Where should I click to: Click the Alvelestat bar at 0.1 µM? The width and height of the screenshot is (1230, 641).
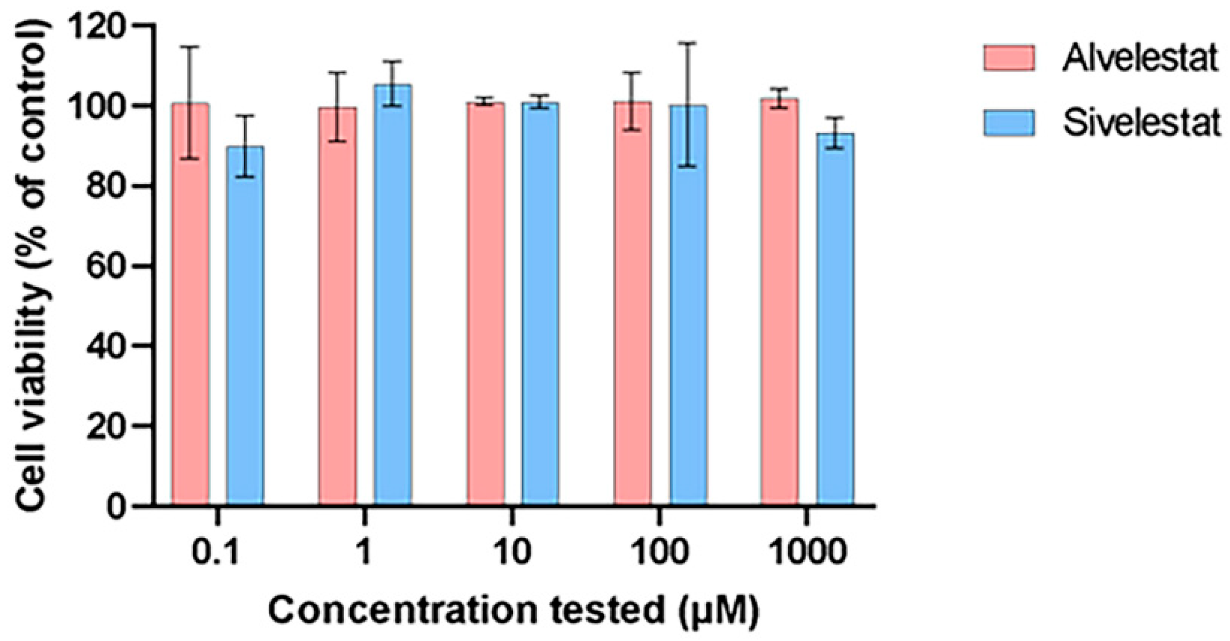[190, 304]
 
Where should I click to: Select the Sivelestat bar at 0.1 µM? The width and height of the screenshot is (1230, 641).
[245, 326]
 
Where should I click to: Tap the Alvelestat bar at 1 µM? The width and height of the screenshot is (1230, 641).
[338, 306]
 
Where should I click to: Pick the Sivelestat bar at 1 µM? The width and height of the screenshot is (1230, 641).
[393, 295]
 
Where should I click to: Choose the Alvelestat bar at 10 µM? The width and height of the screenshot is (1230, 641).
[485, 304]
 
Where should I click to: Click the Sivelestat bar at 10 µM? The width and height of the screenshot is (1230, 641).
[540, 304]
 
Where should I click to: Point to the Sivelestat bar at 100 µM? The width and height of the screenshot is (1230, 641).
[688, 305]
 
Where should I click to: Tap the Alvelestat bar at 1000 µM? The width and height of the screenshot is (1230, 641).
[780, 302]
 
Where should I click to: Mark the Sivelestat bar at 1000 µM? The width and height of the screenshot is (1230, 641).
[835, 319]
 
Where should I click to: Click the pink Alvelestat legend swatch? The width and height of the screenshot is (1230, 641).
[1009, 58]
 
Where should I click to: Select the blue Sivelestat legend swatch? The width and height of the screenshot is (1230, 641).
[1009, 123]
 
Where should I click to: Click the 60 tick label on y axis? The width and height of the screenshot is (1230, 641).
[107, 265]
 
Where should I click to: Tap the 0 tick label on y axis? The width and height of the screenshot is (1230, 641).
[116, 505]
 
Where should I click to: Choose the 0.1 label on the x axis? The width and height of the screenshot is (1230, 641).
[215, 551]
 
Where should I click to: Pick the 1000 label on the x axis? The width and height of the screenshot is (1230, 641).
[807, 551]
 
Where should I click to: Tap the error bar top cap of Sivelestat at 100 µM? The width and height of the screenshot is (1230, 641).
[688, 43]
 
